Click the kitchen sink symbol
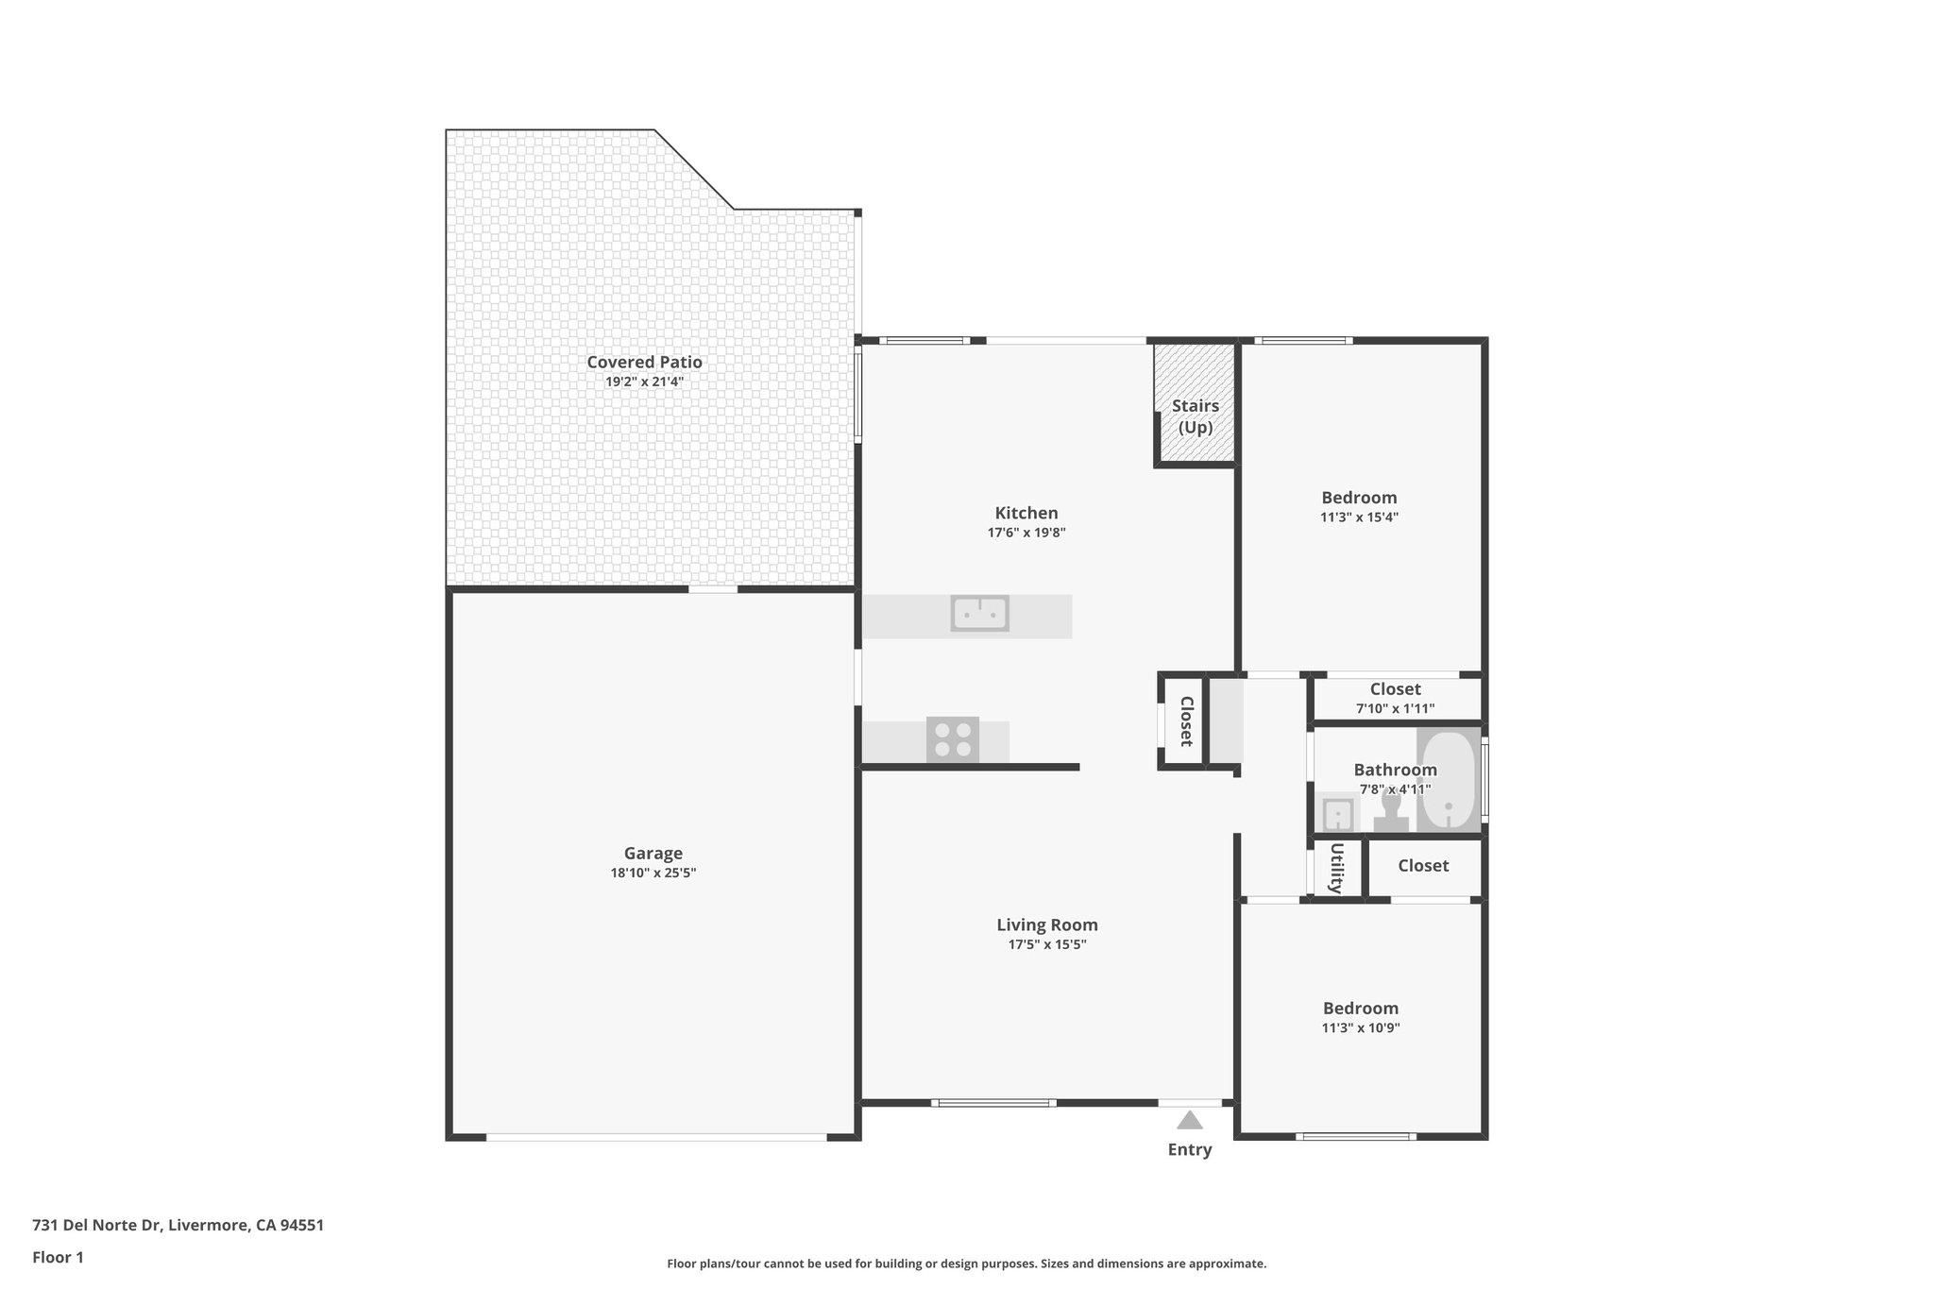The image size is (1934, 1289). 979,614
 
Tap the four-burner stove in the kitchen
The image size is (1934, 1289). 952,739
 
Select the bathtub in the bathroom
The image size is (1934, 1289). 1449,780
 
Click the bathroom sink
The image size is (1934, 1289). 1337,813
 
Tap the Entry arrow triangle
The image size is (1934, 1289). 1190,1121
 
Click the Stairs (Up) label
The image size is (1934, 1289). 1196,416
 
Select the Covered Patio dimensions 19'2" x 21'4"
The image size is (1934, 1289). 644,382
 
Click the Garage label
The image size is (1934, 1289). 653,853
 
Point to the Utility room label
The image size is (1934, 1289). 1336,868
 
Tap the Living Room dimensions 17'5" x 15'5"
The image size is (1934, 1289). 1047,944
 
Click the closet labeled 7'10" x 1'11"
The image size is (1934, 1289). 1395,698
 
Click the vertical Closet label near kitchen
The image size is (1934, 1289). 1186,721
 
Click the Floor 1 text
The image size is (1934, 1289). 58,1257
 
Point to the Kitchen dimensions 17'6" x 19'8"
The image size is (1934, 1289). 1026,533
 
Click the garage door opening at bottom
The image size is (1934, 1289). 656,1137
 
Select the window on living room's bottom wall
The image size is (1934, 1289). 993,1102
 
